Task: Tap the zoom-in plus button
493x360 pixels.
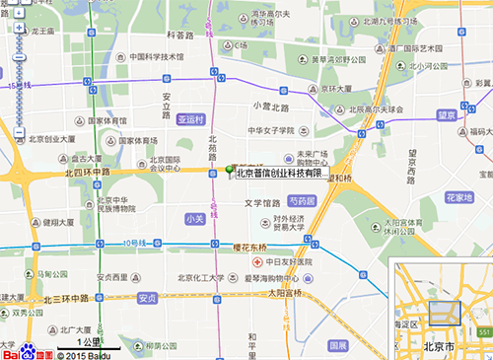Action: tap(18, 29)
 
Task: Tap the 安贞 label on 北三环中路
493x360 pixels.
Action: tap(147, 297)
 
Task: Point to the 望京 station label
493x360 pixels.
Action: tap(447, 115)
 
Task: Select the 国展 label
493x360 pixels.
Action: tap(338, 345)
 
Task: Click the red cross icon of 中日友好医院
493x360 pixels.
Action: tap(257, 263)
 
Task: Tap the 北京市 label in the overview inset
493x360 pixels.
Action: tap(438, 347)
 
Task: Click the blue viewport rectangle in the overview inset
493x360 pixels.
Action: tap(444, 313)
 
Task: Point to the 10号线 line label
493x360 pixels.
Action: tap(135, 242)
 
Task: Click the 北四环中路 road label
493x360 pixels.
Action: tap(90, 173)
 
